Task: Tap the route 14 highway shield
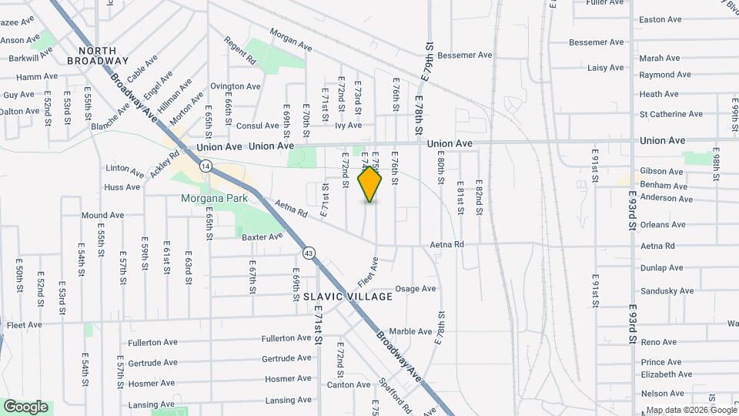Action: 206,166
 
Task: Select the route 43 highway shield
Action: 309,253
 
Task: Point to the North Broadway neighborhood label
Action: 97,55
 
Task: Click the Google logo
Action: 25,406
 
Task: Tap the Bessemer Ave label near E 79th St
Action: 464,55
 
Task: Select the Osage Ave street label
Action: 416,289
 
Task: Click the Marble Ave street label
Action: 410,332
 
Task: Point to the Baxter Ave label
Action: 262,237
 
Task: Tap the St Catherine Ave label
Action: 670,114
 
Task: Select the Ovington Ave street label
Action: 236,86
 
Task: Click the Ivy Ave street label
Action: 348,125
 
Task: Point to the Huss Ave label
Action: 122,187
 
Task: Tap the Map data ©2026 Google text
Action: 691,410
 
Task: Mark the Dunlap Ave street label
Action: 661,268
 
